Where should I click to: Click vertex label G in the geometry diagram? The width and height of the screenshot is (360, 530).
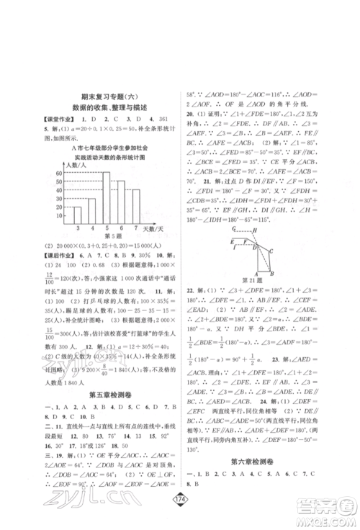(x=235, y=228)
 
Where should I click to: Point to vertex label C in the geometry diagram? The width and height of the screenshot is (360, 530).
(x=276, y=248)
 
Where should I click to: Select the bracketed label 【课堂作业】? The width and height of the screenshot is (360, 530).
(x=42, y=117)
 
